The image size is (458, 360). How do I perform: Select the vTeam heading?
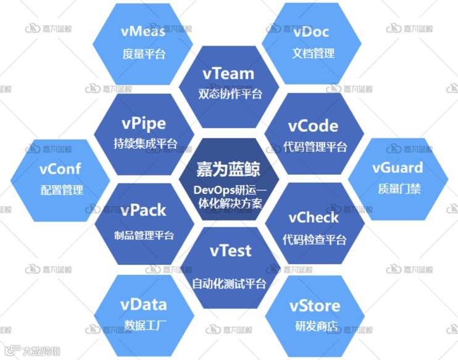coord(228,73)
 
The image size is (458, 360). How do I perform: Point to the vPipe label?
coord(144,123)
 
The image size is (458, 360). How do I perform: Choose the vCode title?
coord(313,126)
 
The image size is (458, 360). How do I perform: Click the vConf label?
coord(60,168)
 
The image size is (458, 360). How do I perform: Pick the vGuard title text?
coord(398,167)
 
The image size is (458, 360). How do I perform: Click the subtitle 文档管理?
coord(313,54)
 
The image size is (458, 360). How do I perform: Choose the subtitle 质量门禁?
coord(399,189)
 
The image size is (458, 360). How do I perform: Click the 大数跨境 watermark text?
coord(41,351)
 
